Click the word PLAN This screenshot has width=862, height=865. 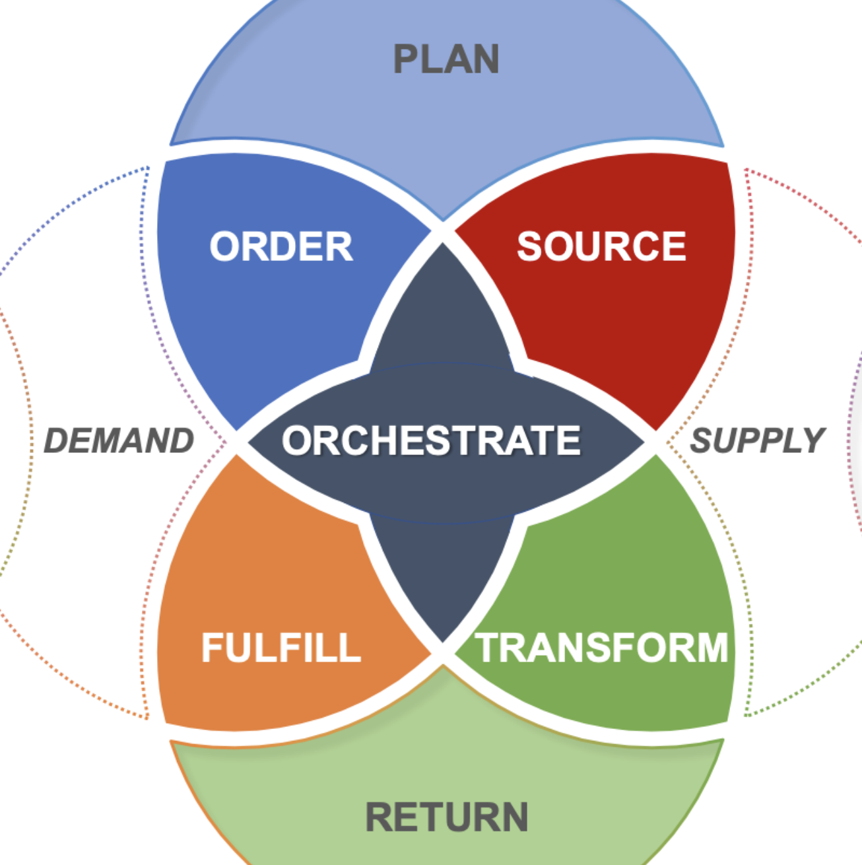[446, 59]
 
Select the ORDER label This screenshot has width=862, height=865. [281, 246]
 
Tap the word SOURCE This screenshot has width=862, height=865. [601, 246]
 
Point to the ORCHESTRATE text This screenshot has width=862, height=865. [431, 440]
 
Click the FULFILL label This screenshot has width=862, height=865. [281, 647]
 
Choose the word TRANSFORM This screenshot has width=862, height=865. [601, 647]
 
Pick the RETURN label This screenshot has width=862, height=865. [447, 817]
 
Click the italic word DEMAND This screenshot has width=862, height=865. [119, 440]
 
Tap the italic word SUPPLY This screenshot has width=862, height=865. [758, 440]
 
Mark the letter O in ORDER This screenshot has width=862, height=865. [224, 246]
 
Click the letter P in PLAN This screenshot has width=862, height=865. [405, 59]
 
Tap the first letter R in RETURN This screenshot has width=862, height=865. [379, 817]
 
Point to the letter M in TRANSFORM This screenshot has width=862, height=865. [712, 647]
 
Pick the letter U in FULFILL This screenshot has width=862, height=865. [239, 647]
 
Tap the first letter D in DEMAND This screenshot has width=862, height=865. [57, 440]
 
